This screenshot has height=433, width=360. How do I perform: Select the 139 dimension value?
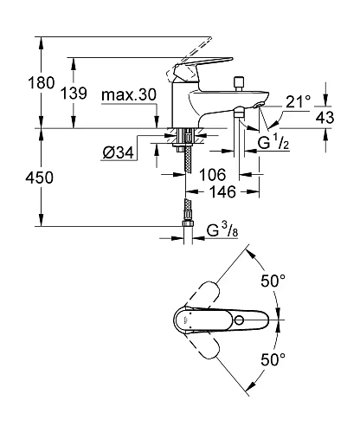point(85,93)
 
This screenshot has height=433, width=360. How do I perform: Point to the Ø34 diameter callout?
point(117,153)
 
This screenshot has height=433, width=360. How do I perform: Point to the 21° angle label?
point(298,101)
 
